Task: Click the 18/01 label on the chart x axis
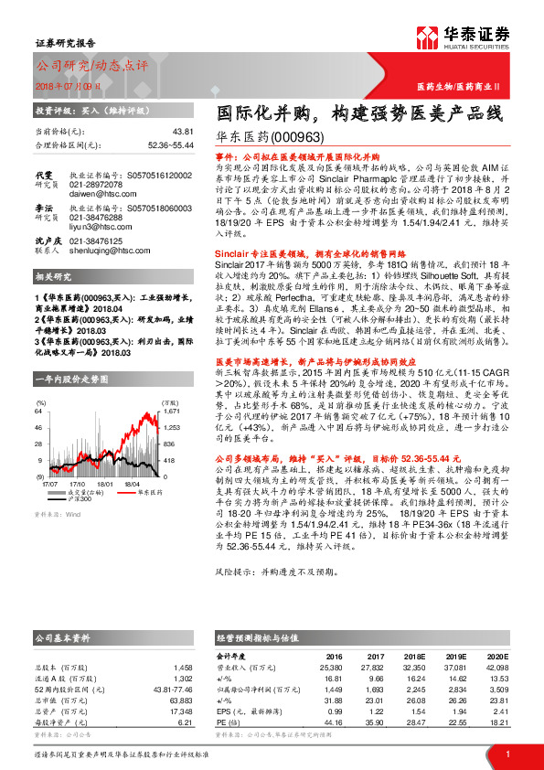pyautogui.click(x=106, y=484)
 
